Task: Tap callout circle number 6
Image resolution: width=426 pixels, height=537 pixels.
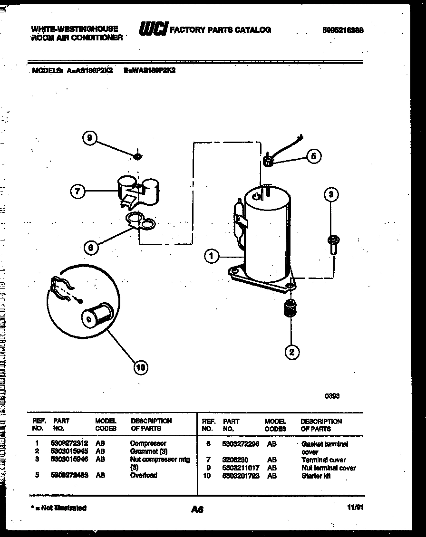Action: click(90, 247)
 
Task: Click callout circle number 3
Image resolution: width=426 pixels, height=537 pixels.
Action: click(332, 194)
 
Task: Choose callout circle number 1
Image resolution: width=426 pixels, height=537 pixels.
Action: click(212, 256)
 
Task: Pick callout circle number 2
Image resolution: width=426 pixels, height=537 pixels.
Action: click(291, 352)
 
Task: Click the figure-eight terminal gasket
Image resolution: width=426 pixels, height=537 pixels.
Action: click(141, 220)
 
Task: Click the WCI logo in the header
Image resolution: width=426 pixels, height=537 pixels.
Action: click(153, 30)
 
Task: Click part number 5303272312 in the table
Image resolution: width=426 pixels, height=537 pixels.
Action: click(69, 443)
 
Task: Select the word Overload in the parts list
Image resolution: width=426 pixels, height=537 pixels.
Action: click(144, 475)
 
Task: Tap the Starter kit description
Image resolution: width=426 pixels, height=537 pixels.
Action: click(316, 476)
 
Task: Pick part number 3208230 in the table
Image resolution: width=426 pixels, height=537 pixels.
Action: click(236, 460)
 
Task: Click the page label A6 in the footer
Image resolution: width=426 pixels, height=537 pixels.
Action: click(197, 509)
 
